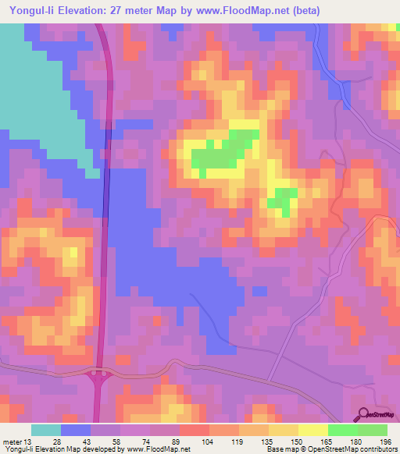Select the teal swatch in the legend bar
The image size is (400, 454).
coord(46,430)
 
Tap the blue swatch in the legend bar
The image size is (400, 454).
coord(76,430)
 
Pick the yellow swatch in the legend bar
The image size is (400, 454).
coord(313,430)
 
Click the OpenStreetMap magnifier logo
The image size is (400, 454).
coord(365,414)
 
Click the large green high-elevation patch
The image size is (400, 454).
coord(227,151)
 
